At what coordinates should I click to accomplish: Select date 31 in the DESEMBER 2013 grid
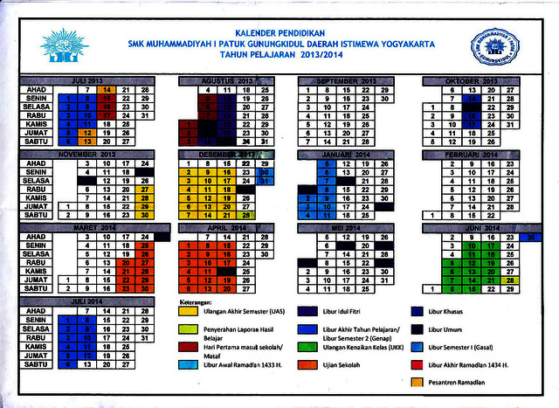pyautogui.click(x=266, y=180)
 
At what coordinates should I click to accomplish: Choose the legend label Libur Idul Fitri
pyautogui.click(x=350, y=310)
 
